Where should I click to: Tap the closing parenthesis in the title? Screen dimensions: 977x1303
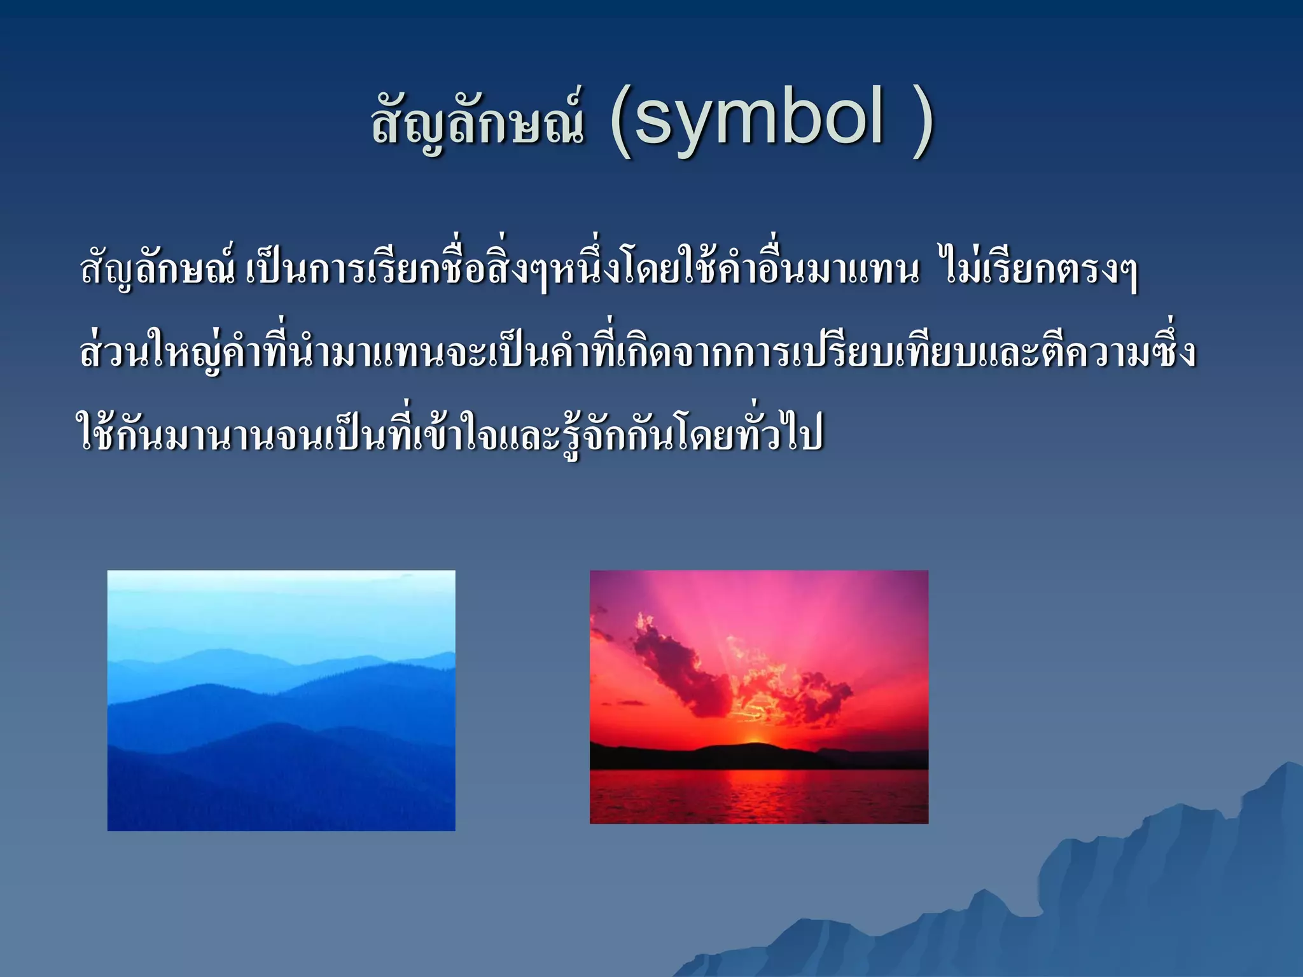pos(921,121)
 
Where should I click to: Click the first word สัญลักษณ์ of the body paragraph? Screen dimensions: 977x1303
pos(158,271)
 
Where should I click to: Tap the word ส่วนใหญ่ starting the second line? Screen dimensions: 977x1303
pos(153,354)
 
